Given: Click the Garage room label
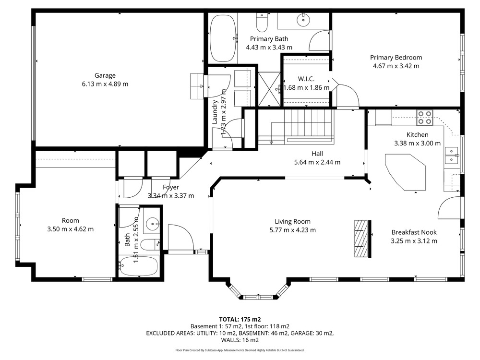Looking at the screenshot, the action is [x=105, y=75].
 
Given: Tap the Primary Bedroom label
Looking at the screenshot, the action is [x=396, y=58].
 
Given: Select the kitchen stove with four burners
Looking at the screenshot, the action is [x=425, y=118].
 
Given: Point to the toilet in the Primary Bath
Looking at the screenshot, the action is [x=262, y=23].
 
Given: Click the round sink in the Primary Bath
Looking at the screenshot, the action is [x=303, y=20].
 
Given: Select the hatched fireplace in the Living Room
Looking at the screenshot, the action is [x=361, y=239].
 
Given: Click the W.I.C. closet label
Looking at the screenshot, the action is [x=306, y=79].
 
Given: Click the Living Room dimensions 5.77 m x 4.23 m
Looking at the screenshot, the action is [x=293, y=230].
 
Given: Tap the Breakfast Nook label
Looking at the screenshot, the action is [x=414, y=232].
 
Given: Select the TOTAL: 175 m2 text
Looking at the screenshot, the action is [x=240, y=320].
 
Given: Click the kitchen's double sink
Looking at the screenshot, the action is [x=452, y=156].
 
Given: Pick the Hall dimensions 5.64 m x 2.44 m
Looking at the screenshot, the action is [x=317, y=162].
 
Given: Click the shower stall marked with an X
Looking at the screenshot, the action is [x=269, y=89].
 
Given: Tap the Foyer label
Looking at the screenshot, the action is [x=171, y=187].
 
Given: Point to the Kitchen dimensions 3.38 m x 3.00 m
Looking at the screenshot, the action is [x=417, y=143].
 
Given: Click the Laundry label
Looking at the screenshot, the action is [x=215, y=112].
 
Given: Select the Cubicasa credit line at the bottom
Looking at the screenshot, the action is [x=240, y=350].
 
